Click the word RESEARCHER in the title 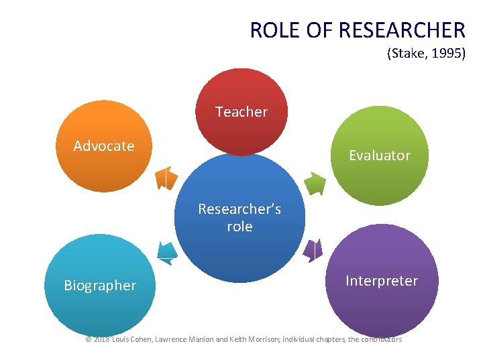[402, 30]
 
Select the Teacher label [241, 112]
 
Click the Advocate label [104, 146]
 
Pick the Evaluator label [380, 156]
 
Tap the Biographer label [100, 286]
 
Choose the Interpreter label [382, 281]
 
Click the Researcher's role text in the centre [239, 218]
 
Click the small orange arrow [166, 178]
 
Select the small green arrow [315, 182]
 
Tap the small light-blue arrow [167, 251]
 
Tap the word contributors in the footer [382, 340]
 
